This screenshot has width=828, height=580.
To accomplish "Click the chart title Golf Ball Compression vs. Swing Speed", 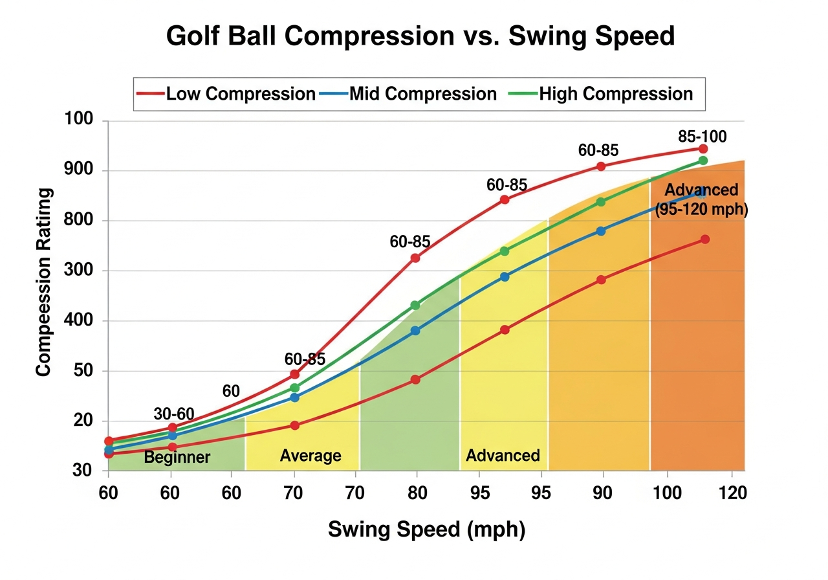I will (x=420, y=36).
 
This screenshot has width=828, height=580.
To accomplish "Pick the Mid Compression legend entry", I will (x=422, y=94).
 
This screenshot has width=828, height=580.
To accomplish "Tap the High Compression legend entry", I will (x=615, y=94).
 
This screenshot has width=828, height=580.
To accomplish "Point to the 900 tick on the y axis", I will (x=78, y=171).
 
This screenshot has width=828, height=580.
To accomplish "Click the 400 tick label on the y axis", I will (x=78, y=321).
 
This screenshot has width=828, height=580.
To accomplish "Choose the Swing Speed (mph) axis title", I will (x=427, y=530).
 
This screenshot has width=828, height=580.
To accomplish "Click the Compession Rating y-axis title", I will (x=43, y=282).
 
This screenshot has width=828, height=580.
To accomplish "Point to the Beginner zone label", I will (x=177, y=458).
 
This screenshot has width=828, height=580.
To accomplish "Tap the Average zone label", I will (x=310, y=456).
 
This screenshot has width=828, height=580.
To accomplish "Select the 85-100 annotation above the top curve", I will (x=703, y=137).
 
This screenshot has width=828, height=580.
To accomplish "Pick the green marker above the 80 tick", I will (x=415, y=305).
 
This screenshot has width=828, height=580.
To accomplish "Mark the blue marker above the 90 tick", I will (x=601, y=230).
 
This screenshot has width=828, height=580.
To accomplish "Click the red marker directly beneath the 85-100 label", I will (x=703, y=149).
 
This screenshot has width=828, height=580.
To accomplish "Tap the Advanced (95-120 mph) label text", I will (x=701, y=200).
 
